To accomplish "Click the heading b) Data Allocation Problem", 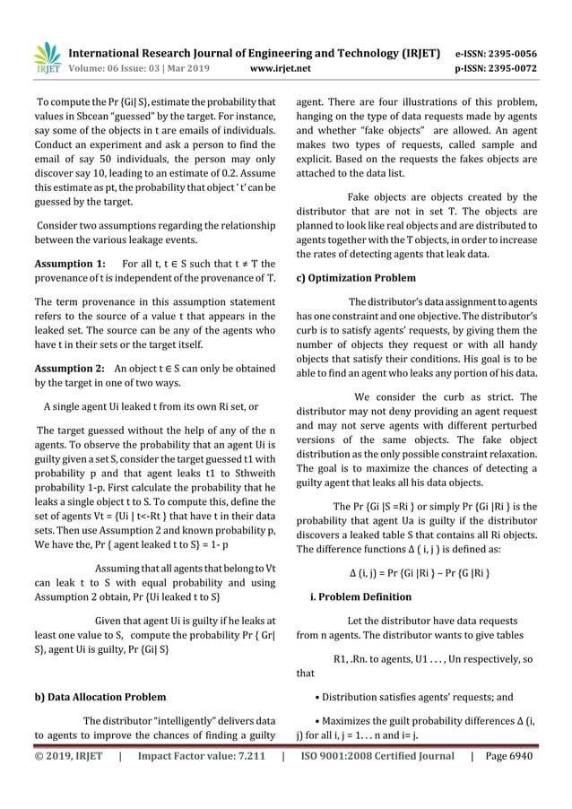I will [99, 696].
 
